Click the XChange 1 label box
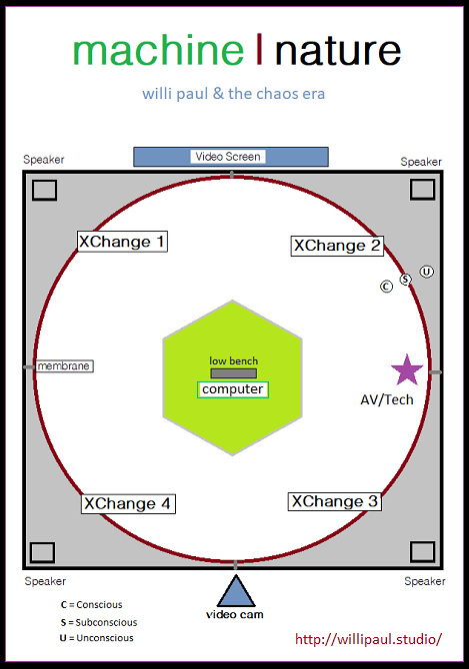coord(122,242)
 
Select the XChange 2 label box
coord(337,246)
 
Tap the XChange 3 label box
coord(335,501)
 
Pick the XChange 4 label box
coord(128,504)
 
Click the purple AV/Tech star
coord(407,370)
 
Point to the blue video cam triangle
coord(236,593)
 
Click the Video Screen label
coord(228,157)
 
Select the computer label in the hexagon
coord(233,389)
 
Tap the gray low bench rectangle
coord(234,373)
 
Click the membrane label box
coord(64,366)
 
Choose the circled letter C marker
coord(387,287)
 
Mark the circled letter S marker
coord(405,279)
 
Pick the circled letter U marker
coord(427,272)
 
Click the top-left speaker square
coord(44,191)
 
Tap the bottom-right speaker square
coord(422,552)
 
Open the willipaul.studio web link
coord(369,639)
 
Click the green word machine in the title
coord(158,50)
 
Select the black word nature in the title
coord(338,52)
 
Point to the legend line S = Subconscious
coord(99,622)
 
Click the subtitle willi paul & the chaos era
coord(234,94)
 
